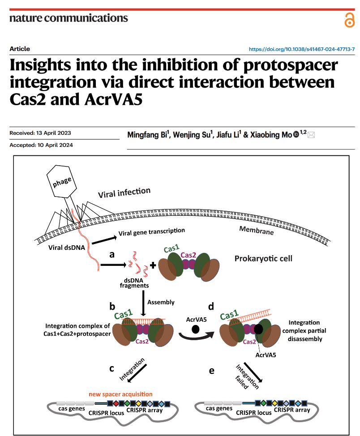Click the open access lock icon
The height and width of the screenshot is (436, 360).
349,20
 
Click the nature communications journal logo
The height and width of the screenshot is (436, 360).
69,18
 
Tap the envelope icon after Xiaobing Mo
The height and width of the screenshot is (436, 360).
311,135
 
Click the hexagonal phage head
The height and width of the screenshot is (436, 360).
61,182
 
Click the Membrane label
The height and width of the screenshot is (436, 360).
256,231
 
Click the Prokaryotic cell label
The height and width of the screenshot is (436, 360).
263,259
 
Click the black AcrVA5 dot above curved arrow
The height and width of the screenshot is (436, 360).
195,329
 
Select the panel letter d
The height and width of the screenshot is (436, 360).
211,307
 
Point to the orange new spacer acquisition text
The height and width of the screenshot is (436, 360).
120,394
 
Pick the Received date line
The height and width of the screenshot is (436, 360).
40,133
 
